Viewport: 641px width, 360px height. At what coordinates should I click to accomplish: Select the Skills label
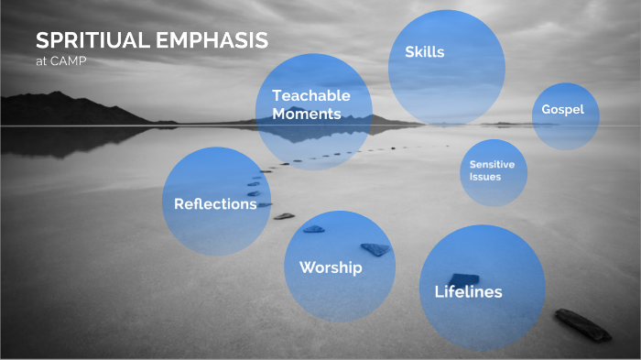[424, 52]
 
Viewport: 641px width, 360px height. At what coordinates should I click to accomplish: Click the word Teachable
[311, 95]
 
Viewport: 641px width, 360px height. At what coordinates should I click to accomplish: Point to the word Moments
[306, 115]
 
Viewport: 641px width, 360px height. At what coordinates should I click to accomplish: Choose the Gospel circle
[564, 111]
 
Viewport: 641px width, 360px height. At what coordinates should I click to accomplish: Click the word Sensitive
[493, 164]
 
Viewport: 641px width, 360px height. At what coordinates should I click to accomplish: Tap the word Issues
[485, 176]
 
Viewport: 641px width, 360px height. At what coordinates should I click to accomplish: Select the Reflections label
[215, 204]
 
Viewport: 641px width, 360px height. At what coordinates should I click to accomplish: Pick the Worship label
[331, 267]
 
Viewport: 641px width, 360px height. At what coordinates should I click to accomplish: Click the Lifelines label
[467, 292]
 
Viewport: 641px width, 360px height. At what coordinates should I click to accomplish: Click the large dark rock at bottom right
[582, 324]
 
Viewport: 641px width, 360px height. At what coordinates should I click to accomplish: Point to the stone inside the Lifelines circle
[463, 278]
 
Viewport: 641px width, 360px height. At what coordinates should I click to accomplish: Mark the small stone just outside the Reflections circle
[285, 216]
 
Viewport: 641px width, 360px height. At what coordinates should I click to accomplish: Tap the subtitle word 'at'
[41, 60]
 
